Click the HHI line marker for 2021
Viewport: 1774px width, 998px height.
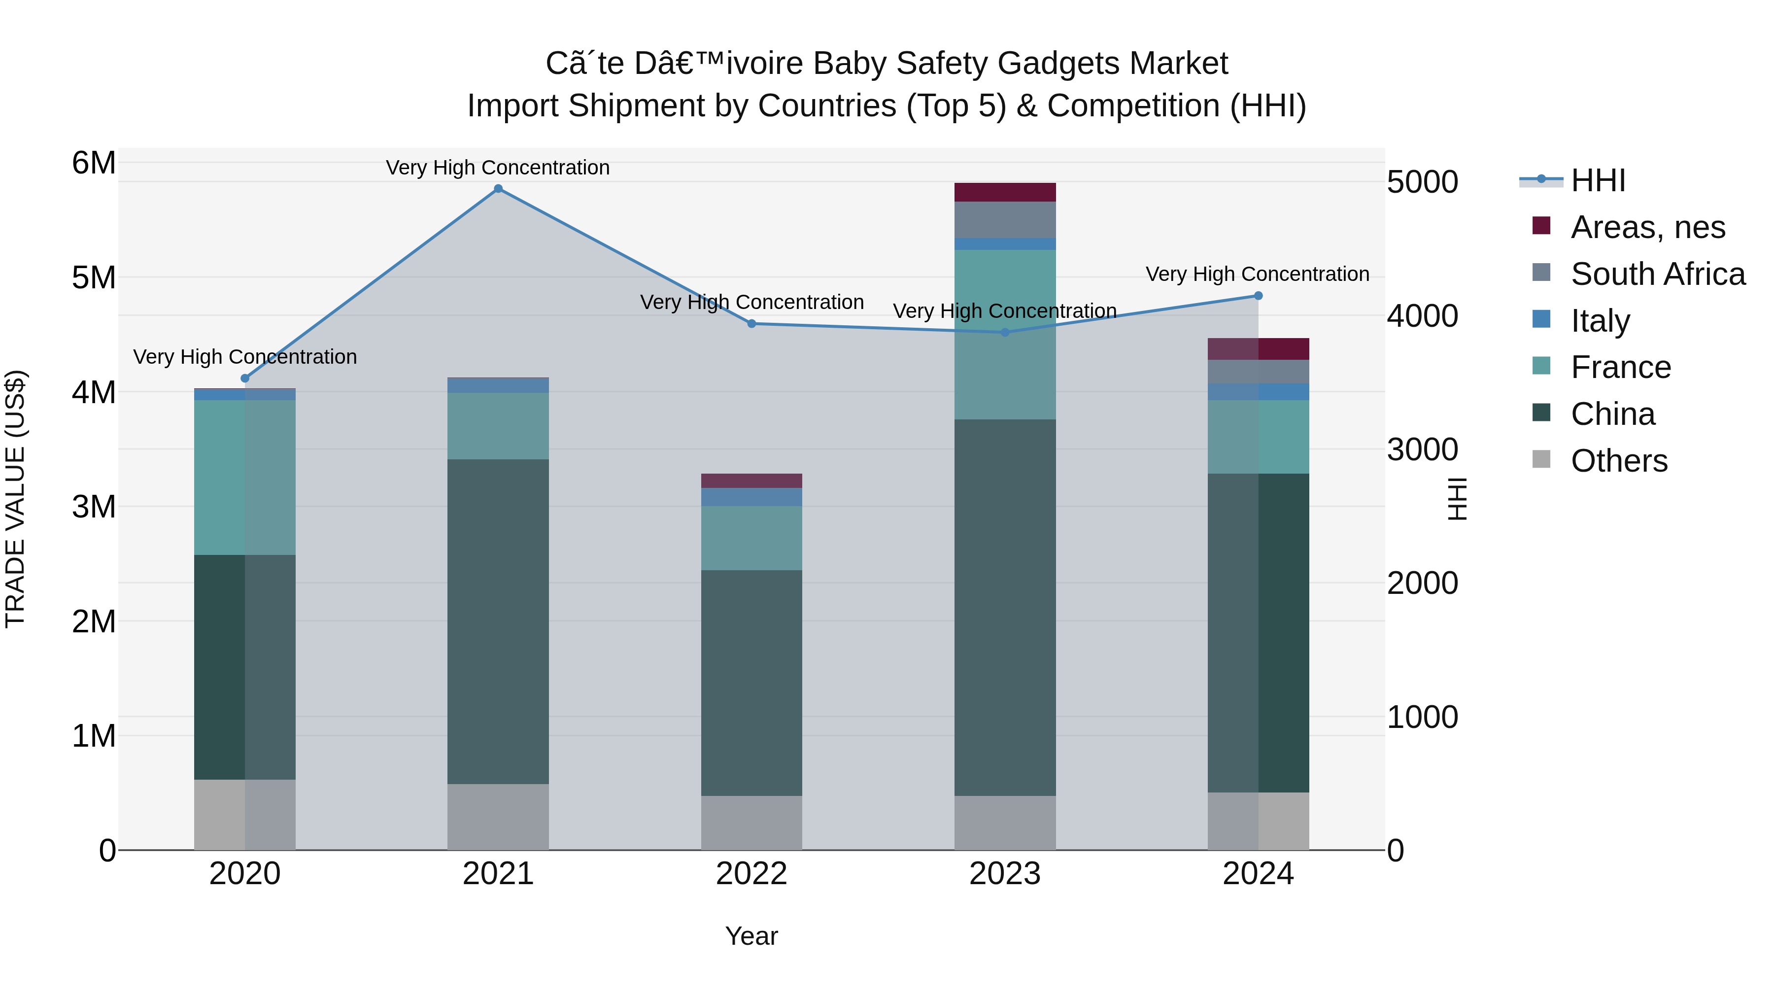click(x=498, y=189)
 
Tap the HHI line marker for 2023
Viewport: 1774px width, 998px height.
click(x=1005, y=332)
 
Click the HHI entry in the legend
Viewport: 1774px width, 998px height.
click(x=1598, y=180)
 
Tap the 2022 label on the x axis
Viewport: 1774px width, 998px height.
click(x=751, y=874)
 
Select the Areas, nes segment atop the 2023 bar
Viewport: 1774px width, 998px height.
click(x=1005, y=192)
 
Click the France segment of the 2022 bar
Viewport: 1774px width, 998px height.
click(x=751, y=538)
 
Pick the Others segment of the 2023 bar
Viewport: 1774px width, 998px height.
click(x=1005, y=823)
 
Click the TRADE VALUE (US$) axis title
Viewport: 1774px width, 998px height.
click(x=15, y=499)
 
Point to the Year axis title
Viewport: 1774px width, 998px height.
click(x=751, y=936)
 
